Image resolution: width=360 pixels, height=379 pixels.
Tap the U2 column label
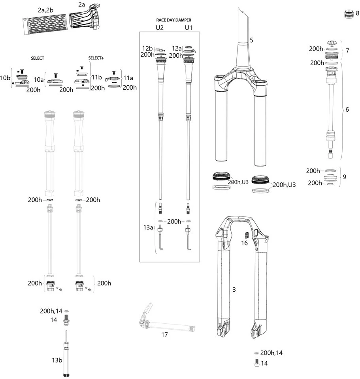pos(160,28)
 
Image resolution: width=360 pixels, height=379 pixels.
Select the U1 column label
pos(188,28)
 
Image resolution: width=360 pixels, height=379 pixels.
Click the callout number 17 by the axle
pos(164,335)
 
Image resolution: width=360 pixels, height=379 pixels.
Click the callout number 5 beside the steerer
pos(251,40)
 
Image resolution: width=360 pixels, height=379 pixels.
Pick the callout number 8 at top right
pos(357,13)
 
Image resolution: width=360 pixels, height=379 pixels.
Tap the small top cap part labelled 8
pos(348,14)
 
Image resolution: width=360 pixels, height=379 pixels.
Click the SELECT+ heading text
pos(96,58)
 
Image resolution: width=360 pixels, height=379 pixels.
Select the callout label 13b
pos(57,360)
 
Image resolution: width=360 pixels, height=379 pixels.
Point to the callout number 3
pos(234,290)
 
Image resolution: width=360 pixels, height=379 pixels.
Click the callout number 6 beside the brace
pos(347,109)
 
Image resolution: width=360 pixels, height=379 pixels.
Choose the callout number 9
pos(344,177)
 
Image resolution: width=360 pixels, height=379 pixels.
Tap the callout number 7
pos(347,51)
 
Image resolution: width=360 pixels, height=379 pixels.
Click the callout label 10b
pos(6,78)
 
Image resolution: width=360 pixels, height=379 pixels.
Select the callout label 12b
pos(147,48)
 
